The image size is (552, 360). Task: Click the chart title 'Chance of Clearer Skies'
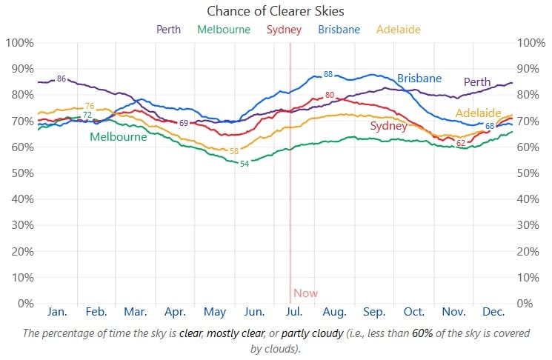point(275,11)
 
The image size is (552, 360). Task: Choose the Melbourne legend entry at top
point(224,30)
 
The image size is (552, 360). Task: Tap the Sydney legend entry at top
point(284,30)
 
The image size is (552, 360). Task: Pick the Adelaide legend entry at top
point(398,30)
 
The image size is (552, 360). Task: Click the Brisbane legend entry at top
point(339,30)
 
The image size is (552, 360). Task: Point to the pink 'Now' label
point(305,293)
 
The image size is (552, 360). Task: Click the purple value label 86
point(61,79)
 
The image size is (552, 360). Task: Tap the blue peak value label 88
point(328,74)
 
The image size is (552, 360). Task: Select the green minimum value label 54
point(244,163)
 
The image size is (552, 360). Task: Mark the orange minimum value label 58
point(234,151)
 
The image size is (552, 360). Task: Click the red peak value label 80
point(330,95)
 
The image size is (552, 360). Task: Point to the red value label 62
point(461,143)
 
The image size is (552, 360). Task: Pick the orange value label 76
point(90,107)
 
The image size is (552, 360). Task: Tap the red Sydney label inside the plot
point(388,127)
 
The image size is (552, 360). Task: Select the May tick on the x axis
point(215,313)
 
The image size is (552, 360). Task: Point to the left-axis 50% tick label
point(20,173)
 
